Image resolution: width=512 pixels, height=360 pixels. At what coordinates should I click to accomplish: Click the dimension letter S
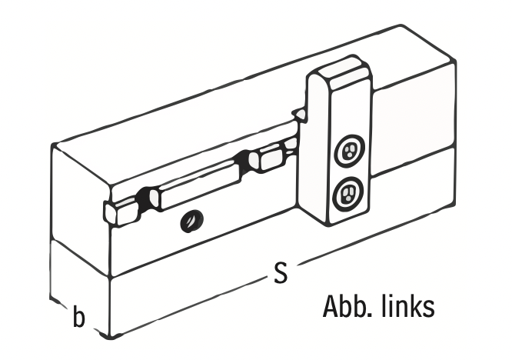pos(281,273)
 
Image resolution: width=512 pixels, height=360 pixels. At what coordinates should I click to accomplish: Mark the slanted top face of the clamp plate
pos(340,74)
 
